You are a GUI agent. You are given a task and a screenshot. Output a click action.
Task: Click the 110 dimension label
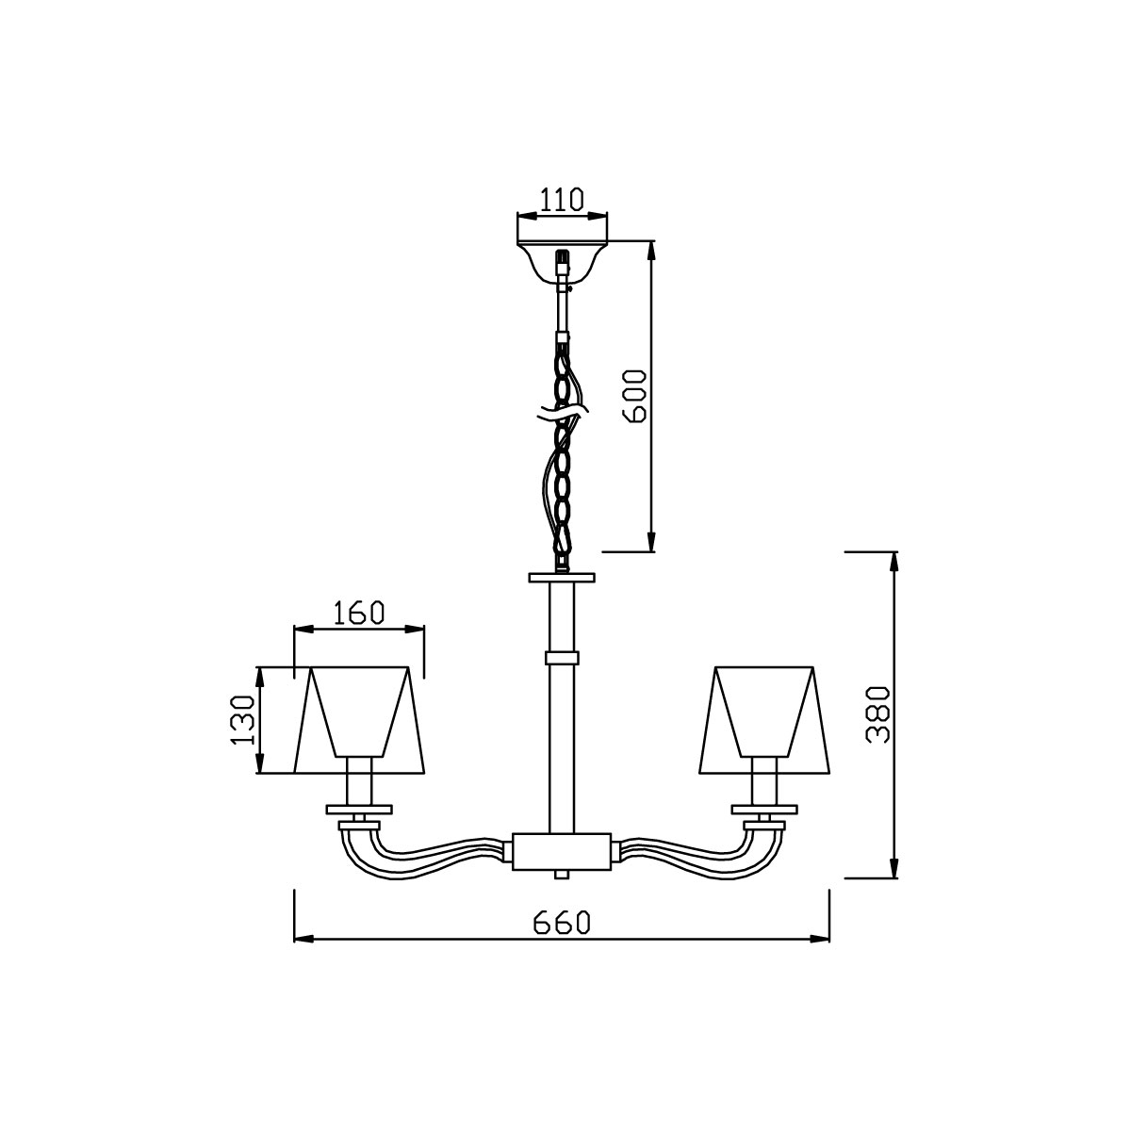tap(561, 200)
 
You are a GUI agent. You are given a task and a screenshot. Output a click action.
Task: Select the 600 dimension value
tap(634, 396)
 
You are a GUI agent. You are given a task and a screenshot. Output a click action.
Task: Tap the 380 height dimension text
tap(878, 714)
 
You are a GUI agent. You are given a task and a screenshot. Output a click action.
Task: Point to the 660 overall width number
tap(561, 924)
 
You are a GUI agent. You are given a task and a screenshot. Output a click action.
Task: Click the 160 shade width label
tap(358, 613)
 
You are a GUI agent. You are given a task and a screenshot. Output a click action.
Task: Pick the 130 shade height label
tap(242, 720)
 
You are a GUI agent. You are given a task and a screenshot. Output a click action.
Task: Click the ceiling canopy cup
tap(562, 262)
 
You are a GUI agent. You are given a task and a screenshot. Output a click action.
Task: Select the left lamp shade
tap(358, 719)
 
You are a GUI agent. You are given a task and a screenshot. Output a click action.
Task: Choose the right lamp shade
tap(764, 719)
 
